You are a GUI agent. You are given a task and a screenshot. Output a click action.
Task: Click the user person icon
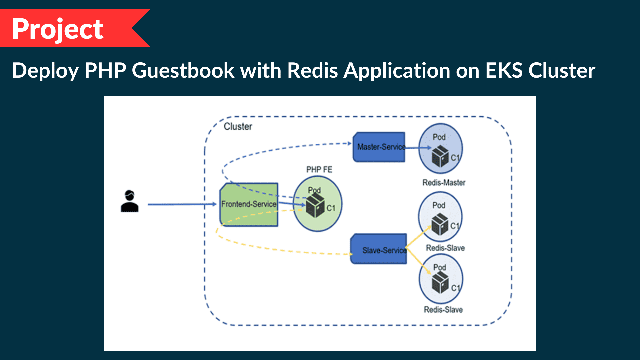click(129, 201)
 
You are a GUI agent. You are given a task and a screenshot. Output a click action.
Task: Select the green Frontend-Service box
click(249, 204)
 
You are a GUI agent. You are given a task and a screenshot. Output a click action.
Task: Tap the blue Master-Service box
click(379, 147)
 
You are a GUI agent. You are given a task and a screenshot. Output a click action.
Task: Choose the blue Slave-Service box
click(379, 249)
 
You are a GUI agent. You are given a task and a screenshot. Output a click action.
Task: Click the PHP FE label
click(319, 169)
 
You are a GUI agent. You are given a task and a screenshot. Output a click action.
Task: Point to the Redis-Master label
click(444, 182)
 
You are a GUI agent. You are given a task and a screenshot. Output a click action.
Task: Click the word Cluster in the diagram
click(238, 126)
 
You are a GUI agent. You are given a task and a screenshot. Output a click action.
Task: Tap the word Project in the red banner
click(58, 29)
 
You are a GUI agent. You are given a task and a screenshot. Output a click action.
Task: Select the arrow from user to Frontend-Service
click(182, 204)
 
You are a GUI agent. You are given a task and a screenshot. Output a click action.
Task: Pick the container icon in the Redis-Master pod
click(440, 156)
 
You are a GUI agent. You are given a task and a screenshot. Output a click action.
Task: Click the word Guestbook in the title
click(183, 70)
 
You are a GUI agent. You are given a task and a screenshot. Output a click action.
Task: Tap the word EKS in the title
click(504, 70)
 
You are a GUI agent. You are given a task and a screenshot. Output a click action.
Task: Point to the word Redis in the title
click(312, 70)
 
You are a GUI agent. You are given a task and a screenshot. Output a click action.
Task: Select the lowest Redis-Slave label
click(443, 310)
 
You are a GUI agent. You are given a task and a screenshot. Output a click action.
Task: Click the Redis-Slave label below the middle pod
click(445, 248)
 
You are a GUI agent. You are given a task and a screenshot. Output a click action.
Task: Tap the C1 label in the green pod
click(331, 208)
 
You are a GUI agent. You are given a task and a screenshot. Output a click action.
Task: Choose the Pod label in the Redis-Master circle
click(439, 137)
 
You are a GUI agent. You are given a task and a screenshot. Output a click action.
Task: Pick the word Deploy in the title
click(45, 71)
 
